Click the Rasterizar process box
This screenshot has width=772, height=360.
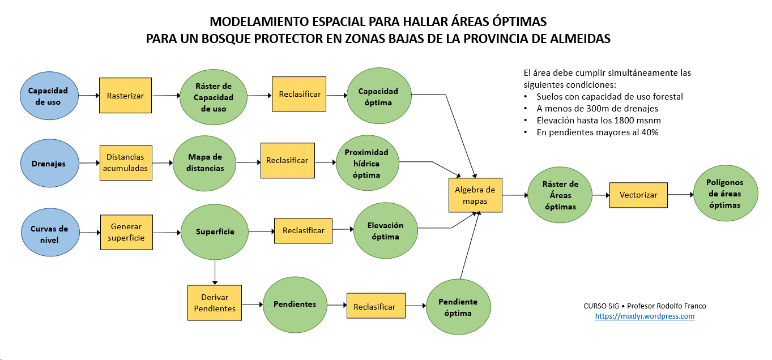[x=125, y=96]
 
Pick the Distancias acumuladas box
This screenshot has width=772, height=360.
[x=125, y=162]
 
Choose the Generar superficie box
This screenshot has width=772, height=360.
[x=126, y=232]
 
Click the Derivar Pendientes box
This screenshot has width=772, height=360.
[x=215, y=302]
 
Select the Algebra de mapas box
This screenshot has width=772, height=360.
[x=475, y=195]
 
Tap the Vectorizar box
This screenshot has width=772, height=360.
[x=638, y=195]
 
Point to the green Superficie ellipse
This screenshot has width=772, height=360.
[x=215, y=232]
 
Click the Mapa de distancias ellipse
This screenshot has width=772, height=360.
[x=206, y=162]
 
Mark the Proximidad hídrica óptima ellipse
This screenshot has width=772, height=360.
[x=366, y=163]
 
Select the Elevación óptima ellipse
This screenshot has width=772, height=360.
[x=386, y=231]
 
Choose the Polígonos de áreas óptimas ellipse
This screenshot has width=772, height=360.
[x=725, y=194]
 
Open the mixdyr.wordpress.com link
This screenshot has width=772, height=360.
[x=645, y=316]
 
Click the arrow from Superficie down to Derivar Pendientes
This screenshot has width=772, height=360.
[x=215, y=272]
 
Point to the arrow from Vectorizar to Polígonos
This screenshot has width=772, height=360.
[x=680, y=194]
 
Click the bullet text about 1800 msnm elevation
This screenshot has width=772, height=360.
[x=599, y=120]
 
